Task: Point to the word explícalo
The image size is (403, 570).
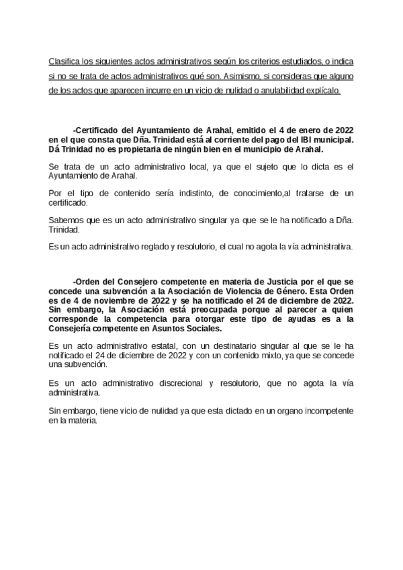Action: point(320,89)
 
